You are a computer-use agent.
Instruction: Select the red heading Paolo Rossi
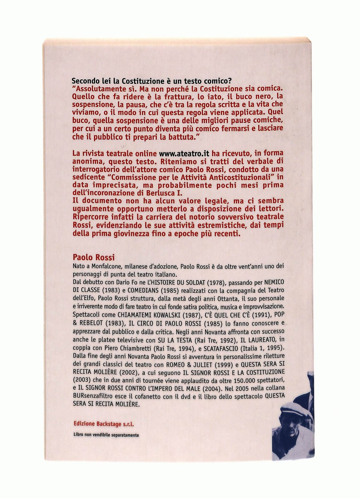(94, 257)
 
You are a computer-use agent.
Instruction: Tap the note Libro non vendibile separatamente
(106, 435)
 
